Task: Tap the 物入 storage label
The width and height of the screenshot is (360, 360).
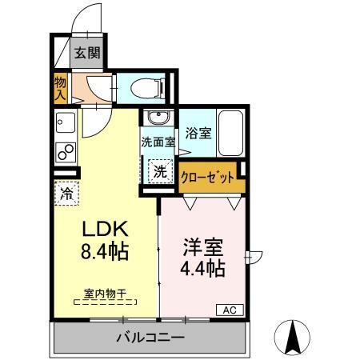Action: [60, 87]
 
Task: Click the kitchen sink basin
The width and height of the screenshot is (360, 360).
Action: [64, 124]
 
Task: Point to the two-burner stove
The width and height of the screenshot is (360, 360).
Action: [64, 152]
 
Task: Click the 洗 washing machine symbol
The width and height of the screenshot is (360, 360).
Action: [160, 170]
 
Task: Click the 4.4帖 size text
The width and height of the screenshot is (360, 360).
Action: [202, 268]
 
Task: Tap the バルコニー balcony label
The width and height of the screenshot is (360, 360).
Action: [150, 338]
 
